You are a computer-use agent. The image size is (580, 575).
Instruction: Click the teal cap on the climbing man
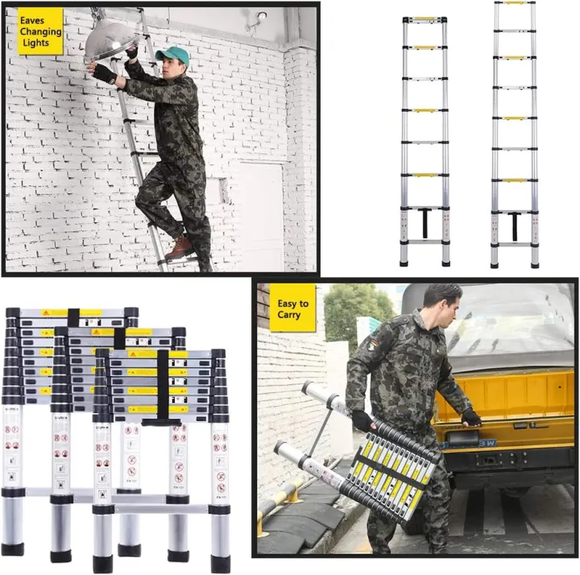point(173,55)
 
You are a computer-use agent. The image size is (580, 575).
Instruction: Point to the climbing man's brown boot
point(180,246)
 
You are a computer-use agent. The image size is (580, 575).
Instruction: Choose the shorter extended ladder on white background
point(425,141)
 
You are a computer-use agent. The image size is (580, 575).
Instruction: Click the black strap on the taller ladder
point(515,225)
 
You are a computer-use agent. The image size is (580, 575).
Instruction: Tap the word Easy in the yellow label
point(292,304)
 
